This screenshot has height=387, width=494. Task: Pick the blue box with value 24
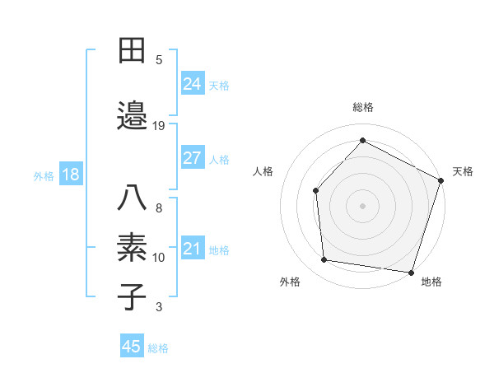point(192,83)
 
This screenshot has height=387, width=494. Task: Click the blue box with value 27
point(192,158)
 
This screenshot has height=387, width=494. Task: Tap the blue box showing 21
point(192,249)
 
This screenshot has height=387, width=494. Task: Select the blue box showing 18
point(70,175)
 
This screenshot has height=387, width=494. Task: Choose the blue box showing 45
point(131,347)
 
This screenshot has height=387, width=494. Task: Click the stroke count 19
point(159,125)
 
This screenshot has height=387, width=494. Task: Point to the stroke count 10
point(159,258)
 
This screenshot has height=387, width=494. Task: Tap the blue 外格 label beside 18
point(44,175)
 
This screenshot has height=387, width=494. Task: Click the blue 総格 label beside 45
point(158,348)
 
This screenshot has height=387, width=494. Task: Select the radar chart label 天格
point(463,171)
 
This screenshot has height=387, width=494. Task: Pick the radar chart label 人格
point(263,171)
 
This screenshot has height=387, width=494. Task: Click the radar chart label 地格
point(431,282)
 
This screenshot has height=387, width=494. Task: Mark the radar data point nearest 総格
point(362,140)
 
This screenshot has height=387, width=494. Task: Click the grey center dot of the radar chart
point(362,205)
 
